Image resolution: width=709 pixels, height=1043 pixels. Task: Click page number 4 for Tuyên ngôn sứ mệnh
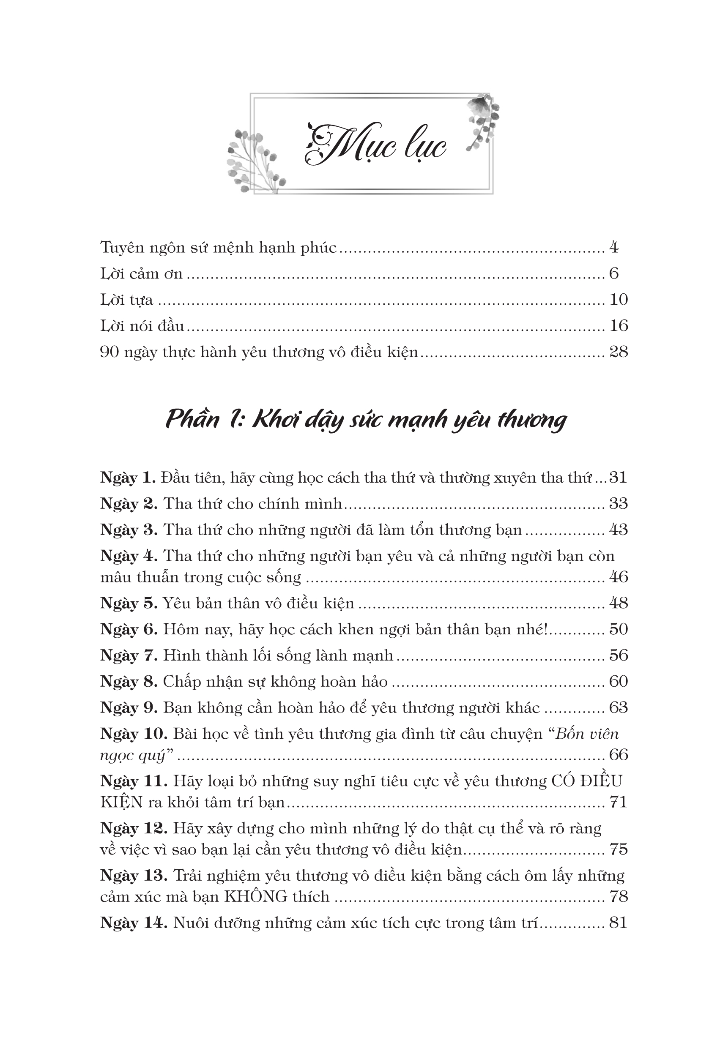tap(613, 247)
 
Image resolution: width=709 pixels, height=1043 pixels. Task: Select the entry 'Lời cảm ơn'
tap(142, 273)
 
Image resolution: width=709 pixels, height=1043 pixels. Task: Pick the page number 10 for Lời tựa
tap(618, 299)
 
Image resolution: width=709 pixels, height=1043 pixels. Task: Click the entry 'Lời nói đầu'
tap(142, 325)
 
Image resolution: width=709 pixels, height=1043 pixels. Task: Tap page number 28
tap(618, 352)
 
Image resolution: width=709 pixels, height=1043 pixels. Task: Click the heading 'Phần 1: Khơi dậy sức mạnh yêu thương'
tap(366, 420)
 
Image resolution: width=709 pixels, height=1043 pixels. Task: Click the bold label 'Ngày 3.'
tap(129, 530)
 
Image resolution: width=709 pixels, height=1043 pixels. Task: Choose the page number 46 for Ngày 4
tap(618, 577)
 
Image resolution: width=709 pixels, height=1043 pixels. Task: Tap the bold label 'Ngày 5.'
tap(129, 603)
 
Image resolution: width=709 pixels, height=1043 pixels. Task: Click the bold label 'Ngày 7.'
tap(129, 655)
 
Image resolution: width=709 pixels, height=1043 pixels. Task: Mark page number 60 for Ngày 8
tap(618, 681)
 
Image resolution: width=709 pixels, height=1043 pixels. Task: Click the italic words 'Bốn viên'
tap(587, 734)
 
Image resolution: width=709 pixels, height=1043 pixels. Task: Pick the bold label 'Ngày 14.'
tap(133, 923)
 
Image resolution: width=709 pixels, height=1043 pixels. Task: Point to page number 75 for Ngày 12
tap(618, 849)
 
